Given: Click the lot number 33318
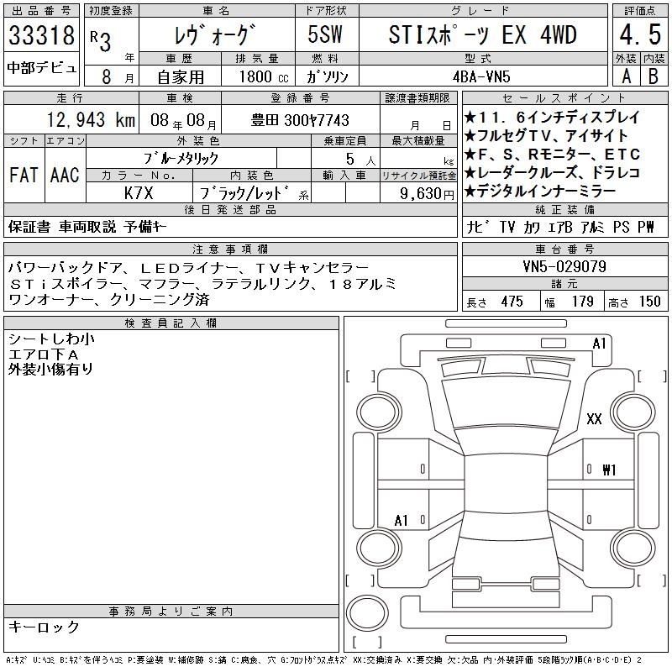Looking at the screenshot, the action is [x=41, y=34].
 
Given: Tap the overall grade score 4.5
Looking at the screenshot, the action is [x=640, y=34].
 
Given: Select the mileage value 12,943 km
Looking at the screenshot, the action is [x=91, y=119].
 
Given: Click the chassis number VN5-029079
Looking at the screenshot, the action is [x=564, y=266].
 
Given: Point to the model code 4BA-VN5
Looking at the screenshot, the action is [x=481, y=76].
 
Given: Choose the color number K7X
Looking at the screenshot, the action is [x=139, y=193].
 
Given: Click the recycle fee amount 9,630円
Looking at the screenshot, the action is [x=427, y=194].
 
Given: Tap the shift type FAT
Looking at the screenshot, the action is [x=24, y=175].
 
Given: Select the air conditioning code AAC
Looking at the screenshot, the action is [x=65, y=175].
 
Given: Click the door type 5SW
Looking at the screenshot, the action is [x=325, y=34].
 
